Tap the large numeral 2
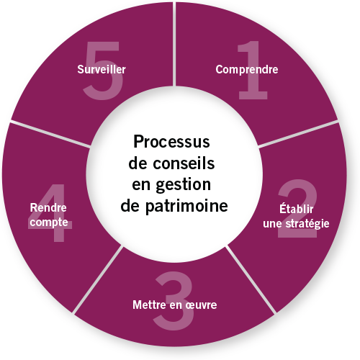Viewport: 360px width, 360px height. point(297,208)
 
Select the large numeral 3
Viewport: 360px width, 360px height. point(174,300)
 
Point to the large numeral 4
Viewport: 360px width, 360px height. point(51,212)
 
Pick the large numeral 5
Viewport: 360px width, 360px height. point(103,70)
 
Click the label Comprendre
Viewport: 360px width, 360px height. point(247,70)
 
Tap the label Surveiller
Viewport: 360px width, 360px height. point(102,69)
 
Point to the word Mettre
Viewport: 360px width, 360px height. point(149,305)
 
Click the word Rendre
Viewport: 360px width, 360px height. point(48,207)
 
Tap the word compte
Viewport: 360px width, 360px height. point(49,222)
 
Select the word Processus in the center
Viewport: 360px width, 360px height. point(171,142)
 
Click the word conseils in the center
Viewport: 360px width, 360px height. point(184,163)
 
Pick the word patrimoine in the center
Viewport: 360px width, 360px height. point(186,207)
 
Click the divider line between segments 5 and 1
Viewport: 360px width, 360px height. point(174,44)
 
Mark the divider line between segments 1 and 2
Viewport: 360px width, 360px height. point(298,134)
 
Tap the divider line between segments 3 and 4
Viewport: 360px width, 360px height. point(97,279)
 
